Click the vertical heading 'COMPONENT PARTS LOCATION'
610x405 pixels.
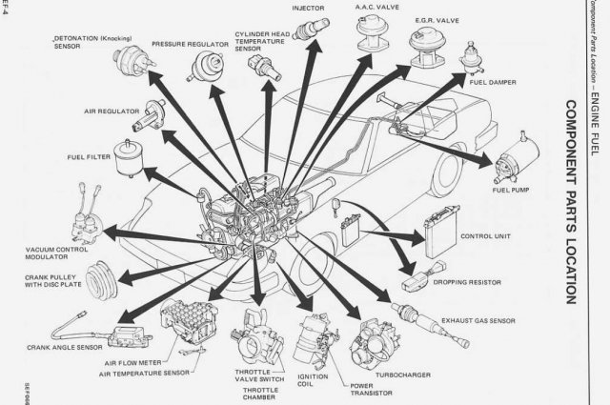pyautogui.click(x=569, y=201)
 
